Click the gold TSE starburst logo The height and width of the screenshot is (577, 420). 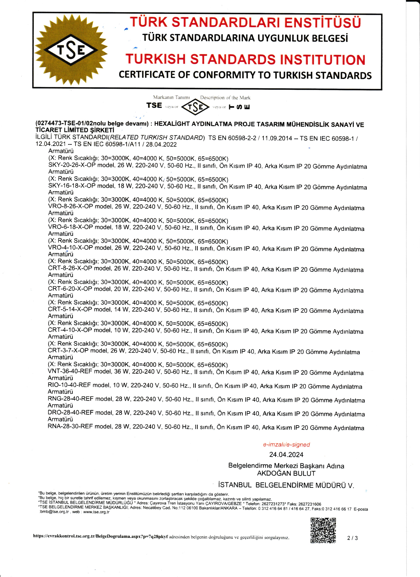pos(71,50)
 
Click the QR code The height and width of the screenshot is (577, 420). pos(323,530)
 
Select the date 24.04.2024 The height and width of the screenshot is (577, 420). pos(286,455)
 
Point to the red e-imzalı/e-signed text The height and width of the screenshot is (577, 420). pos(286,444)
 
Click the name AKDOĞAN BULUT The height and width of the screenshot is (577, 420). pos(286,473)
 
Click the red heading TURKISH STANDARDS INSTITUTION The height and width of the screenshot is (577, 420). pos(245,59)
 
